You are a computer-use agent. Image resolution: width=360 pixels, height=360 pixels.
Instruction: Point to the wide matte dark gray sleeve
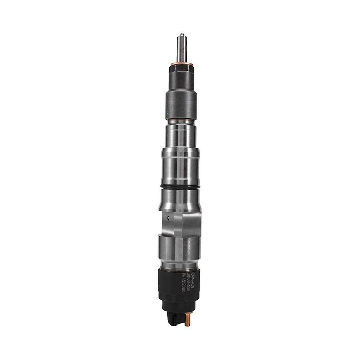tap(180, 103)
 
